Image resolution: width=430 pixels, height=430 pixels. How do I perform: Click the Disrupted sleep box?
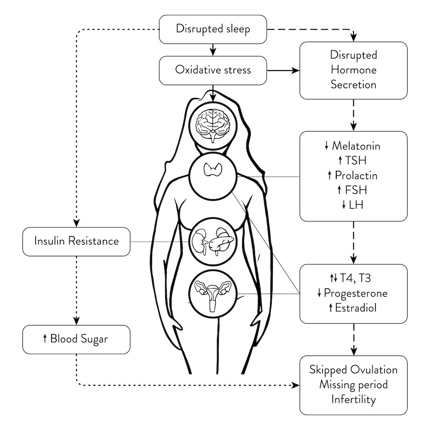point(213,29)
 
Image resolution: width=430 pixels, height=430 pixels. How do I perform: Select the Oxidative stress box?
point(213,70)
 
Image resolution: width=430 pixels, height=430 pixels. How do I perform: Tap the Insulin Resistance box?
point(76,241)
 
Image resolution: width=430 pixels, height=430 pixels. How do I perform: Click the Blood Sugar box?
point(76,339)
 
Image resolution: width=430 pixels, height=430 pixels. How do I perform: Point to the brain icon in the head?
point(213,124)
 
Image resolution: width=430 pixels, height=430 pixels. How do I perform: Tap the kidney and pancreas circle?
point(212,242)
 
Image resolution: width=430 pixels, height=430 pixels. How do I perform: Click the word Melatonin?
point(356,146)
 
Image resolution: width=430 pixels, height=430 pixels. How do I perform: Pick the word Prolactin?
point(357,175)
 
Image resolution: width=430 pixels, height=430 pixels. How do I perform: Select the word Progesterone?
point(356,293)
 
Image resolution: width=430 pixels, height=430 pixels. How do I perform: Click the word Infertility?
point(353,399)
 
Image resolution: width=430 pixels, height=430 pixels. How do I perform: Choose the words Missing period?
point(353,384)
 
